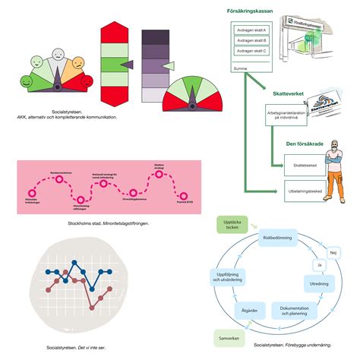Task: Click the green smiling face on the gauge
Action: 27,80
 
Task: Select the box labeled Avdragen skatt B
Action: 251,40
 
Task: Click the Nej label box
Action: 333,251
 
